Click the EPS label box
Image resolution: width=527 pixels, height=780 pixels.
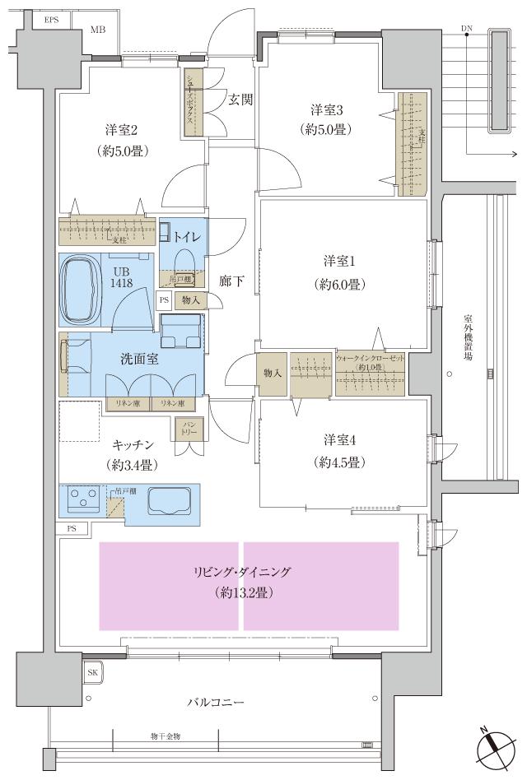click(51, 19)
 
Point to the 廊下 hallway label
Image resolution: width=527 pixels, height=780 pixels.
click(231, 280)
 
